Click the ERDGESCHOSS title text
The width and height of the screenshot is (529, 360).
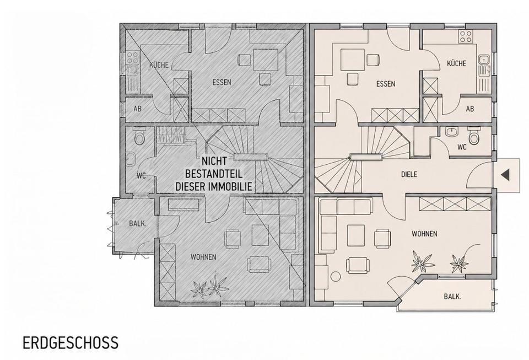71,342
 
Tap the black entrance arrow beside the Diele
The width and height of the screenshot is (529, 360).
505,175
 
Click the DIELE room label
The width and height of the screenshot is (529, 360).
409,174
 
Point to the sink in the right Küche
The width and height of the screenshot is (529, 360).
484,65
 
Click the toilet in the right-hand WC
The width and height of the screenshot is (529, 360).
474,136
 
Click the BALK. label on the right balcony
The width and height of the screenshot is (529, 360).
452,297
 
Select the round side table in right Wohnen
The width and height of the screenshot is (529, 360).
336,277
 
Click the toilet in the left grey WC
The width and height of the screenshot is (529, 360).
139,136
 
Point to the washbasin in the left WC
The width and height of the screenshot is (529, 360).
131,159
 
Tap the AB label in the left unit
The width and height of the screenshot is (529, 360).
137,109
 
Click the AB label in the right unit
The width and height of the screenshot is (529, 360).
469,109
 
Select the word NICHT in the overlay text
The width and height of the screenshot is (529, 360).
214,162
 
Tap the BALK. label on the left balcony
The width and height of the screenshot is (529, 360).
138,223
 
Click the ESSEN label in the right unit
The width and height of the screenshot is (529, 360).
386,84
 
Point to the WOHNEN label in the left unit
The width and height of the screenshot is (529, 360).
203,257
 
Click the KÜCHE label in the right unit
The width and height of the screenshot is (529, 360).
456,63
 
